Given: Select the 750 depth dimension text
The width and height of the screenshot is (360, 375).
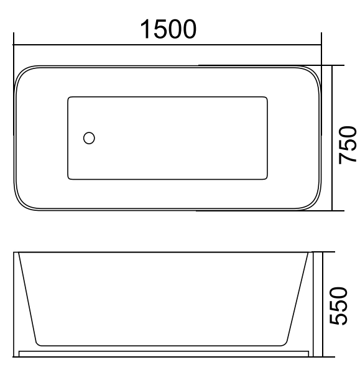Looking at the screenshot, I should pyautogui.click(x=347, y=144).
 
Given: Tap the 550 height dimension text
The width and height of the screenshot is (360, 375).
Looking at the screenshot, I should pyautogui.click(x=347, y=306).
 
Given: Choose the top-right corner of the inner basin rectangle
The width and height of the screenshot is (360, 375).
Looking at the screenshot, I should pyautogui.click(x=267, y=98).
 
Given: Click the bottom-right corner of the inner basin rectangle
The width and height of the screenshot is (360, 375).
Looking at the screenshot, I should pyautogui.click(x=267, y=178).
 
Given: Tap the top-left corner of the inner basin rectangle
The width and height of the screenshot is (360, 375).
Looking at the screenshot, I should pyautogui.click(x=69, y=98).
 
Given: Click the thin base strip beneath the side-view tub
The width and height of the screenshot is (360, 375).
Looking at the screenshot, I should pyautogui.click(x=164, y=353).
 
